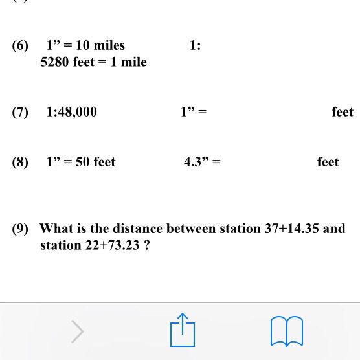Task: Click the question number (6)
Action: click(20, 45)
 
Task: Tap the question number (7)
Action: click(20, 112)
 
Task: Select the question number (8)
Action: click(20, 162)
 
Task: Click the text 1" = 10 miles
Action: click(85, 45)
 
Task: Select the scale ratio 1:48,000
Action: click(71, 112)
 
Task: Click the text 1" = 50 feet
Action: click(80, 162)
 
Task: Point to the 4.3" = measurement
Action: click(202, 162)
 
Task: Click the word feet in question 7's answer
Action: click(342, 112)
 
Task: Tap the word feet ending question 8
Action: click(328, 162)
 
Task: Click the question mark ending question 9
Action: click(148, 245)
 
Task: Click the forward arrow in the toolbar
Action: click(78, 331)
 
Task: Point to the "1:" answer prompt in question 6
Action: click(195, 45)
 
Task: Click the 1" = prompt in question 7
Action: click(194, 112)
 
